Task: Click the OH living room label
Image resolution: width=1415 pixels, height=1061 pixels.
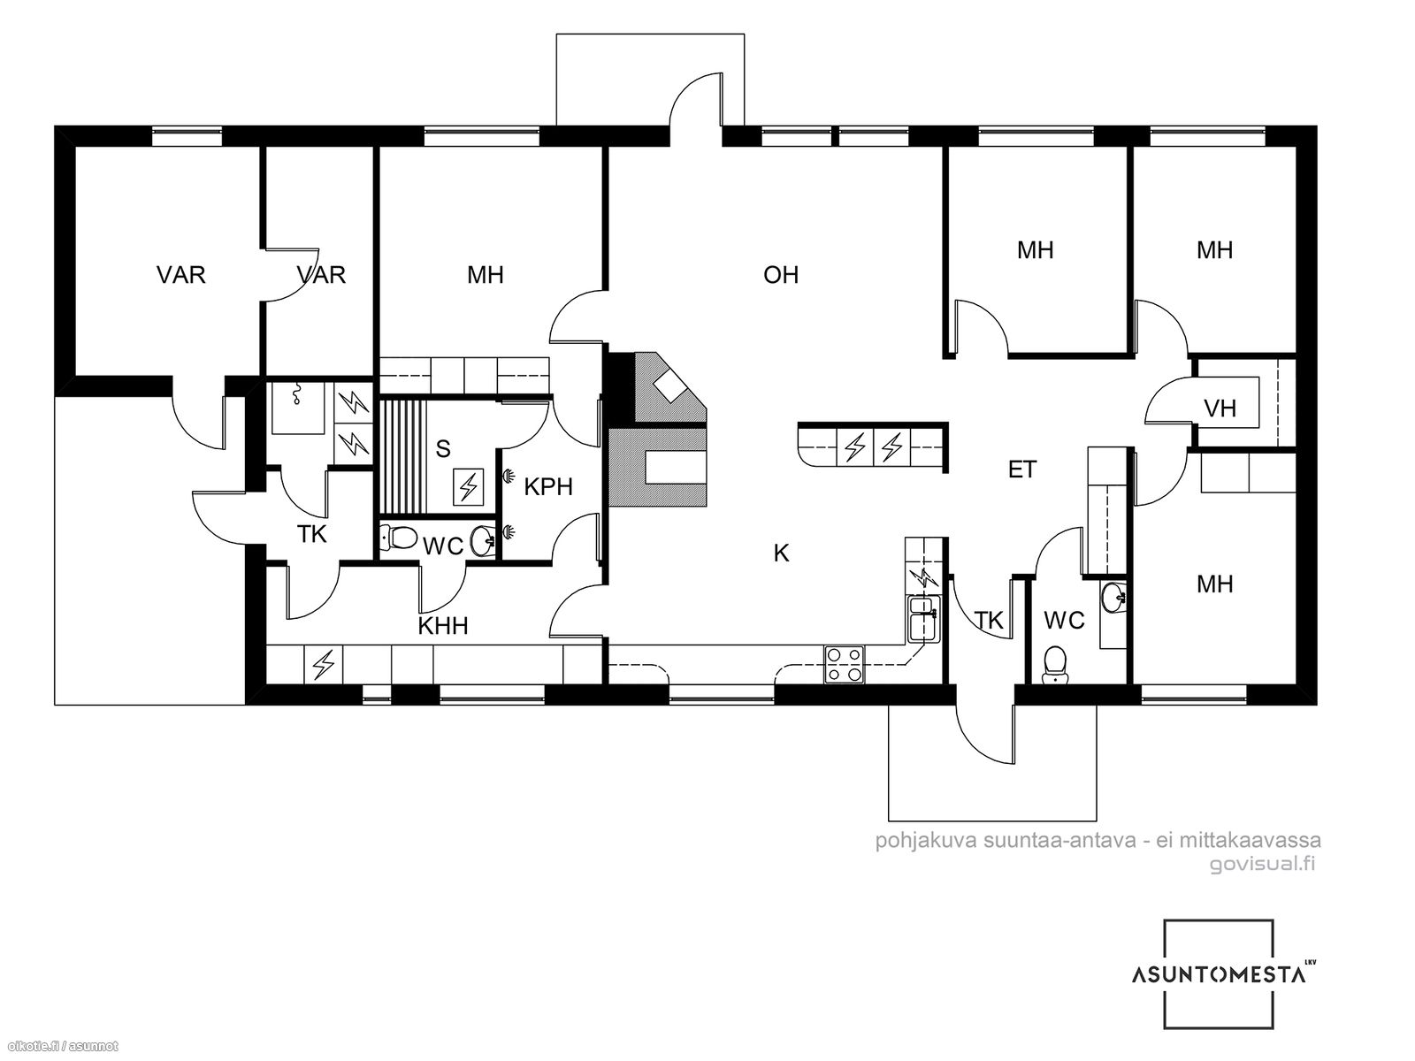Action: click(780, 275)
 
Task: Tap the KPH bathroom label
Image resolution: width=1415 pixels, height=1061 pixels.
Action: click(548, 487)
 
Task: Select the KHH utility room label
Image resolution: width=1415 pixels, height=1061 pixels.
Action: click(443, 625)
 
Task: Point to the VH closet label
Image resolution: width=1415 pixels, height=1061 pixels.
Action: click(1220, 408)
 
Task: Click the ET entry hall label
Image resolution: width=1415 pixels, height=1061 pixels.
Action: click(1021, 469)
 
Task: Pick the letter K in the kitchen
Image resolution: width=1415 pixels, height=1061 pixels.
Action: click(781, 553)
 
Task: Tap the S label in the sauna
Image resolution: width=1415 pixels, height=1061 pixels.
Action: click(442, 449)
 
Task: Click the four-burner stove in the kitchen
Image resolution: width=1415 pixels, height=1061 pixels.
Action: click(845, 664)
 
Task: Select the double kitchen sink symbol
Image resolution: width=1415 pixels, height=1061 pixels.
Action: click(924, 618)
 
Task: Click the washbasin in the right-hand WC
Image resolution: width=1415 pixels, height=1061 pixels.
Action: click(1113, 597)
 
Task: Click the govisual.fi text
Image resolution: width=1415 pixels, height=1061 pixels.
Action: click(1262, 864)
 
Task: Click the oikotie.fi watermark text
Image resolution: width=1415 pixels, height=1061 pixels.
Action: click(59, 1047)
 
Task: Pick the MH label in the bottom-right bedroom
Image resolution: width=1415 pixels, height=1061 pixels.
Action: click(1214, 584)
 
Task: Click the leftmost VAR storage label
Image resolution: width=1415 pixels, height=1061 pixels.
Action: click(181, 275)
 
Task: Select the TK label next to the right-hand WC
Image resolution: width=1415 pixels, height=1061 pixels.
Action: click(989, 621)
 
